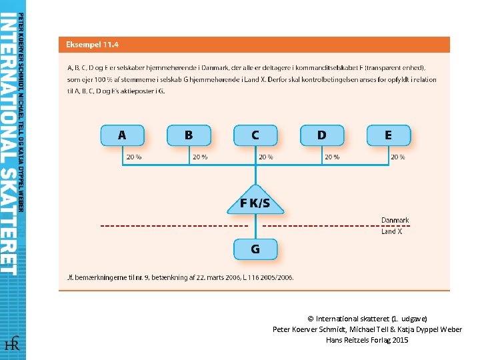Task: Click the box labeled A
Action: pos(122,135)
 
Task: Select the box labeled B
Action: pos(189,135)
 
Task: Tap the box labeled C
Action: pos(255,135)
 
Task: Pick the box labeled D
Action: pos(322,135)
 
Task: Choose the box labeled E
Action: pos(389,135)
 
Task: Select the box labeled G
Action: pos(255,249)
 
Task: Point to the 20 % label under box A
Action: pos(133,157)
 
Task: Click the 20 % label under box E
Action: pos(398,157)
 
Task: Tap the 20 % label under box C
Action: pos(266,157)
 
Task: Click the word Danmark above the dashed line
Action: pos(395,220)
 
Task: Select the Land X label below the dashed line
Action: pos(392,232)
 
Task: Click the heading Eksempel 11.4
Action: pos(92,45)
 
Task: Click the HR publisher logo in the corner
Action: pos(12,344)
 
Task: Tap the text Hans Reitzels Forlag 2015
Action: pos(367,340)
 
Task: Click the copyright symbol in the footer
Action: pos(311,319)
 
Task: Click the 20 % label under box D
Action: pos(331,157)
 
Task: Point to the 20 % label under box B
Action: pos(200,157)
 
